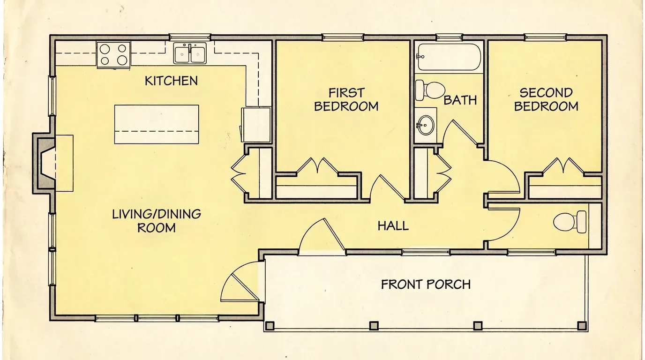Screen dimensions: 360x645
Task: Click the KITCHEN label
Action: tap(171, 81)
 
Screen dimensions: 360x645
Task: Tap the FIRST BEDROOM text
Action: tap(346, 99)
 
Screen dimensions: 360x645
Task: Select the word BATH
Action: tap(460, 100)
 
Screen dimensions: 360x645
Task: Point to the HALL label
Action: tap(393, 226)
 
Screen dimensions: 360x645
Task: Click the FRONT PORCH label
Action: tap(425, 284)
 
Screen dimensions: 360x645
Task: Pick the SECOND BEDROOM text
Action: tap(546, 99)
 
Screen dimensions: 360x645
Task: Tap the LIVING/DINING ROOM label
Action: tap(156, 221)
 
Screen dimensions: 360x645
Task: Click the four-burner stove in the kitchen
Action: tap(114, 54)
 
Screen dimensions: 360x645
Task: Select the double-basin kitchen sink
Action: tap(190, 53)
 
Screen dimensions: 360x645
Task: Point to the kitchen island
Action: tap(157, 124)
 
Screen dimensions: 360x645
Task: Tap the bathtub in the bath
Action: tap(449, 57)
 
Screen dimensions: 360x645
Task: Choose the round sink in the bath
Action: tap(426, 125)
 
